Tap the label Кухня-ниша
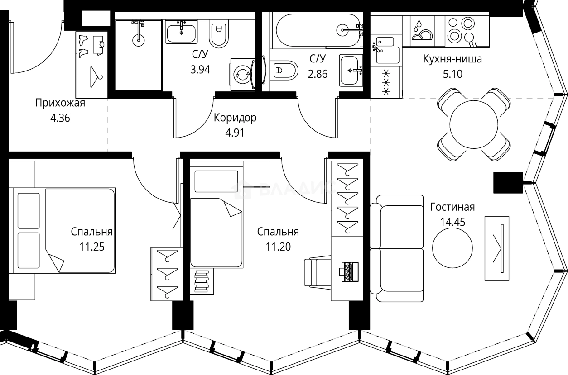click(x=452, y=59)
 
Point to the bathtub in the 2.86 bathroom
click(x=317, y=30)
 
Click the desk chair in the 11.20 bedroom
click(x=317, y=272)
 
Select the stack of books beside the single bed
click(x=202, y=282)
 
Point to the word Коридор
click(x=235, y=118)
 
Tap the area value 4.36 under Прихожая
click(x=60, y=120)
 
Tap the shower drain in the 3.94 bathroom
click(x=138, y=39)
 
